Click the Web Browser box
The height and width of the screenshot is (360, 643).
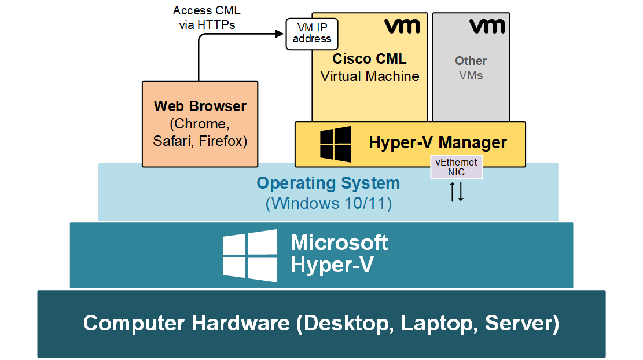[x=200, y=124]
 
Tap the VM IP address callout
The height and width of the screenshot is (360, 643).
[x=312, y=34]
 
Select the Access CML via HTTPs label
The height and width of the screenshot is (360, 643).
[x=207, y=17]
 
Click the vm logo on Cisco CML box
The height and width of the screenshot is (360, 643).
[x=402, y=26]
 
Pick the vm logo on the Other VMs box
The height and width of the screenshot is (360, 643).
[x=487, y=26]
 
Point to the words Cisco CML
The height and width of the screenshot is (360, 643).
[x=369, y=59]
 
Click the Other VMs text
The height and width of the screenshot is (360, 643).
[x=471, y=68]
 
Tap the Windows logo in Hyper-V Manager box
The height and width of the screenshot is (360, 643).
[x=336, y=144]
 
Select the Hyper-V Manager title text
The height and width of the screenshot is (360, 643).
[x=438, y=142]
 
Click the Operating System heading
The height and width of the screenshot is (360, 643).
[x=328, y=183]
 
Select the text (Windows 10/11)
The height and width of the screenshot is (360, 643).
[x=328, y=204]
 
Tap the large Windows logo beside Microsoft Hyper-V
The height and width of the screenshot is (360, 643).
[x=250, y=255]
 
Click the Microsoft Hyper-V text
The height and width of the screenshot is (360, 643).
[x=339, y=254]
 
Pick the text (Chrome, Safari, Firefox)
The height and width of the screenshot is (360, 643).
[x=200, y=133]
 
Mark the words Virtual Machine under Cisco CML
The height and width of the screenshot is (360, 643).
[x=369, y=76]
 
